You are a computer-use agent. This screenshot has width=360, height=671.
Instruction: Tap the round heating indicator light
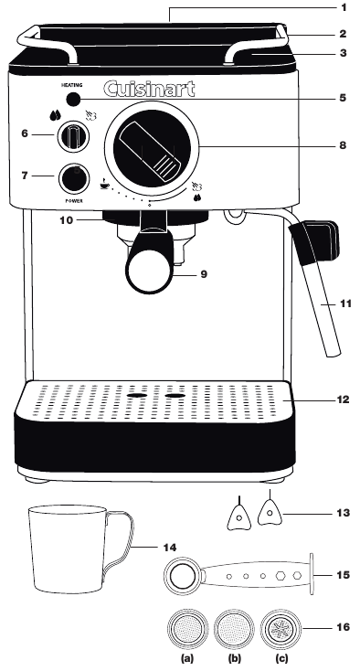(x=73, y=101)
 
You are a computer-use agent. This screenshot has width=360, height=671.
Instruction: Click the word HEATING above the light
(x=73, y=84)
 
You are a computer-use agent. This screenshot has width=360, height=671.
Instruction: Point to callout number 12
(x=343, y=399)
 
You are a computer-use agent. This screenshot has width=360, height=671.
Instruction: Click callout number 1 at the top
(x=344, y=7)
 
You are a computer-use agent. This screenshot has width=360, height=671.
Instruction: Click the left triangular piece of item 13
(x=238, y=514)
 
